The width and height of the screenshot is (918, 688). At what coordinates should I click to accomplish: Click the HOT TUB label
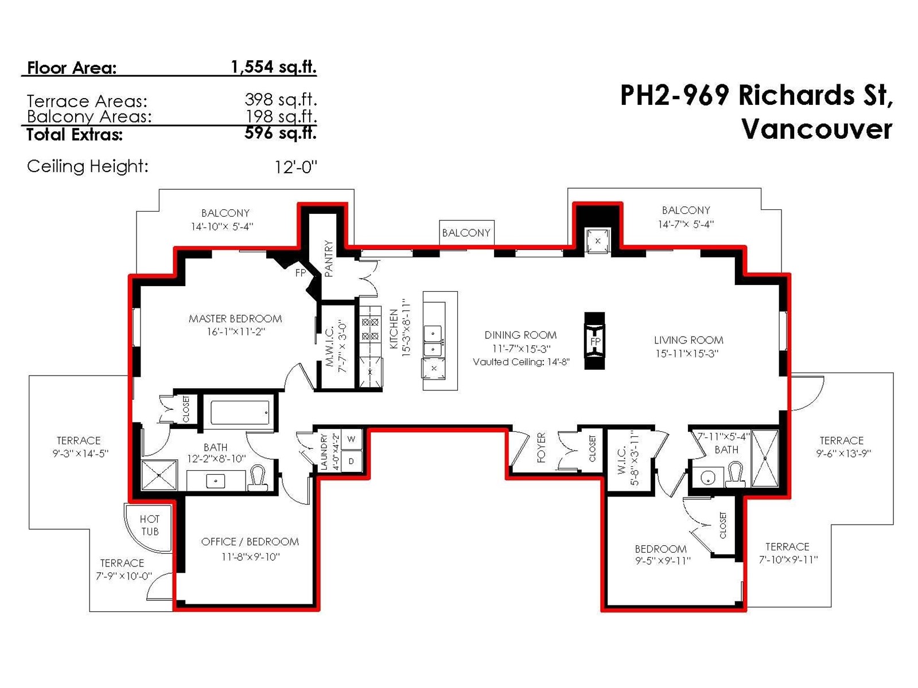click(149, 525)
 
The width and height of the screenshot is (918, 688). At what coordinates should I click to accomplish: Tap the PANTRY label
click(329, 258)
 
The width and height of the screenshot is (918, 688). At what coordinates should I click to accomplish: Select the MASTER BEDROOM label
click(235, 319)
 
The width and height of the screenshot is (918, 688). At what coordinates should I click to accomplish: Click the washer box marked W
click(351, 439)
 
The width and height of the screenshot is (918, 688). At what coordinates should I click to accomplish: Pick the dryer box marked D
click(351, 461)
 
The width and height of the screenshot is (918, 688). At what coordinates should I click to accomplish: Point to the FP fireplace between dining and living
click(594, 341)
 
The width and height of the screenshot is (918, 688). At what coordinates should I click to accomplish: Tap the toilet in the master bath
click(258, 478)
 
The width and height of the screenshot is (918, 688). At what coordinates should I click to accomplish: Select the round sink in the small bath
click(707, 478)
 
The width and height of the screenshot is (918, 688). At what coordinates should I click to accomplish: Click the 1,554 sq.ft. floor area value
click(274, 67)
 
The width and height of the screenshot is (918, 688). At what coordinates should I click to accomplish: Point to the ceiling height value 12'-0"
click(295, 167)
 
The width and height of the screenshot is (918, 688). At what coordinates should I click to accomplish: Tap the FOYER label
click(541, 447)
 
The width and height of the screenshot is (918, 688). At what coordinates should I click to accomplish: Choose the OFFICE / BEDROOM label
click(250, 542)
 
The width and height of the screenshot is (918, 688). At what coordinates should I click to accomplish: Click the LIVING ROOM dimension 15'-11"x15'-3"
click(687, 353)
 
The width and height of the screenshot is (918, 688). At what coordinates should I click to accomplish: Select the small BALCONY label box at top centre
click(466, 233)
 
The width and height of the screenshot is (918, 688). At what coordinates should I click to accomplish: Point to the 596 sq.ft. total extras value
click(280, 133)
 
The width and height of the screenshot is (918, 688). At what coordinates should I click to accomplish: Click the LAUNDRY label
click(324, 452)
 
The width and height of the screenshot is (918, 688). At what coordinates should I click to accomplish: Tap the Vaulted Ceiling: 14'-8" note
click(521, 362)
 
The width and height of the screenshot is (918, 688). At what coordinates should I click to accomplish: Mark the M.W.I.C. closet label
click(330, 347)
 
